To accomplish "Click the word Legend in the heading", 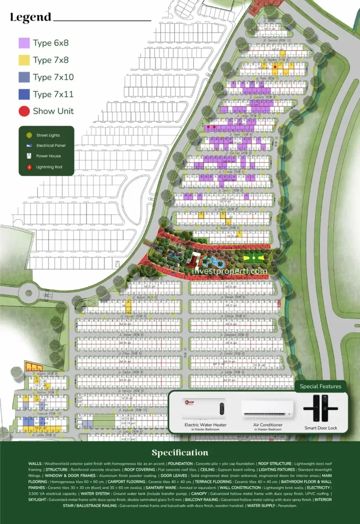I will [x=31, y=17].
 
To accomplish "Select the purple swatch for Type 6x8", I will [x=24, y=43].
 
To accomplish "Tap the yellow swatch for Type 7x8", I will [x=24, y=60].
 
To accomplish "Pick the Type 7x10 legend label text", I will [x=53, y=77].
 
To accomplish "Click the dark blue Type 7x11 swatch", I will [x=24, y=94].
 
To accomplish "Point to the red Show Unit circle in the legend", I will [x=24, y=111].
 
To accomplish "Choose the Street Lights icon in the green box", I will [x=29, y=136].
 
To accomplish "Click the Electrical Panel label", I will [x=51, y=146].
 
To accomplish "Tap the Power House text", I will [x=48, y=156].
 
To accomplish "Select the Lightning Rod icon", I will [x=29, y=167].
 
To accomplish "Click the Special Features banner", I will [x=320, y=386].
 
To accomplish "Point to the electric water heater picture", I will [x=205, y=408].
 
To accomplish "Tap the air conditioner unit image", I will [x=268, y=408].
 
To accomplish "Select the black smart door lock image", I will [x=321, y=409].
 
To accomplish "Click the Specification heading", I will [x=180, y=453].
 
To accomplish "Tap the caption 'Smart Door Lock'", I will [x=321, y=428].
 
